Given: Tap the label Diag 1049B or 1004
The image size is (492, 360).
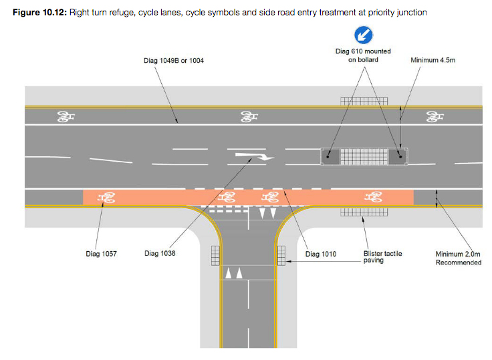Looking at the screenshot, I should (x=174, y=61).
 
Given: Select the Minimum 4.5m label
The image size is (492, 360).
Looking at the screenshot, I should (x=433, y=60).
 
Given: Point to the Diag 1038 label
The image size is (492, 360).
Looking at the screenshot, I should (x=160, y=254).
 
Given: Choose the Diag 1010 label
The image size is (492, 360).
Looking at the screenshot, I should (x=321, y=254).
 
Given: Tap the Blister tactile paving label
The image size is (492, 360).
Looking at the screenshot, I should (x=383, y=257).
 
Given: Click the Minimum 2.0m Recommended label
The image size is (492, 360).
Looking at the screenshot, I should (x=458, y=258).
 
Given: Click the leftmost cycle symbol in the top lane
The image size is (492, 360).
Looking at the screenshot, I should (x=66, y=118).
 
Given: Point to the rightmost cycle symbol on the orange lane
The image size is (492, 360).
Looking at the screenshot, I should (x=372, y=197).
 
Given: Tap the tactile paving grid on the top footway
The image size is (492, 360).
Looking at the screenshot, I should (x=364, y=102).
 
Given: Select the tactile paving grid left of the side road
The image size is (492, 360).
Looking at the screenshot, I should (x=215, y=255).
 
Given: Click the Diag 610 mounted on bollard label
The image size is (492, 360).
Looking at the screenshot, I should (x=363, y=55).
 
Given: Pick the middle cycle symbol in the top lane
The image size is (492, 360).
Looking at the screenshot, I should (x=249, y=118).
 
